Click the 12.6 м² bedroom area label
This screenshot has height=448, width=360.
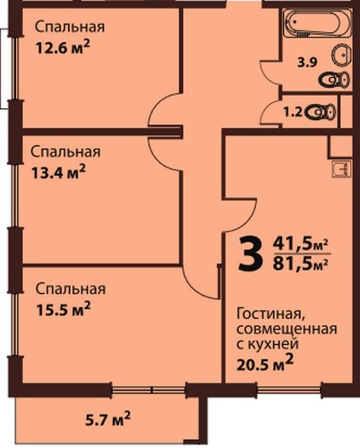[x=63, y=47]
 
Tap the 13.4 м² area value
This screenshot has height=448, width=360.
[x=58, y=172]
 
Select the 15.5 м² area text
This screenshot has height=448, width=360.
[x=63, y=309]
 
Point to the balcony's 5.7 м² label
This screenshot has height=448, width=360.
[x=107, y=419]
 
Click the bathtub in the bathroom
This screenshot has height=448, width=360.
[x=317, y=23]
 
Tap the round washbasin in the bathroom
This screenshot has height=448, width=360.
[x=340, y=55]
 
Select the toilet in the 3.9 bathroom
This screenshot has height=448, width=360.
[x=334, y=80]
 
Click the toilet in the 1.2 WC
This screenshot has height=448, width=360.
[x=320, y=112]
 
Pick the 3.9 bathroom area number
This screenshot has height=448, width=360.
[x=307, y=63]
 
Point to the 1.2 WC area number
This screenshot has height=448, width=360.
[x=293, y=112]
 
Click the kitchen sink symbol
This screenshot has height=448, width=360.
[x=341, y=169]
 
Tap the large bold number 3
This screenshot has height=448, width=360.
[x=251, y=254]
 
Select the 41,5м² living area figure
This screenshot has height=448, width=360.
[x=301, y=245]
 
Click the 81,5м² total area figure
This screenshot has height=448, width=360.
[x=301, y=263]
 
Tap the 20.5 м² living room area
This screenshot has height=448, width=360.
[x=265, y=363]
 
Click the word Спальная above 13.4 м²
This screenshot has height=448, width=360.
[x=65, y=151]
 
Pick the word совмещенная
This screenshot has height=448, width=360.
[x=287, y=330]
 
